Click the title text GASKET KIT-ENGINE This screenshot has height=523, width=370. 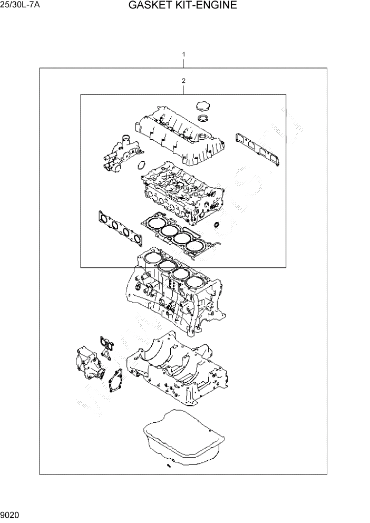point(182,6)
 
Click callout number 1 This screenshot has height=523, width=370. point(183,54)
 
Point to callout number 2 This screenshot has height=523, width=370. point(183,81)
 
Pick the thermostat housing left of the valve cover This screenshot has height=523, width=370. point(118,153)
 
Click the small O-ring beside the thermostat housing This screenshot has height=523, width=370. point(141,166)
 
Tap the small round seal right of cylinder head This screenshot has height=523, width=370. point(216,226)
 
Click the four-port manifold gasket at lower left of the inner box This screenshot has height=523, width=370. point(120,227)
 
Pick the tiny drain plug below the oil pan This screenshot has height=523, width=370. point(168,466)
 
